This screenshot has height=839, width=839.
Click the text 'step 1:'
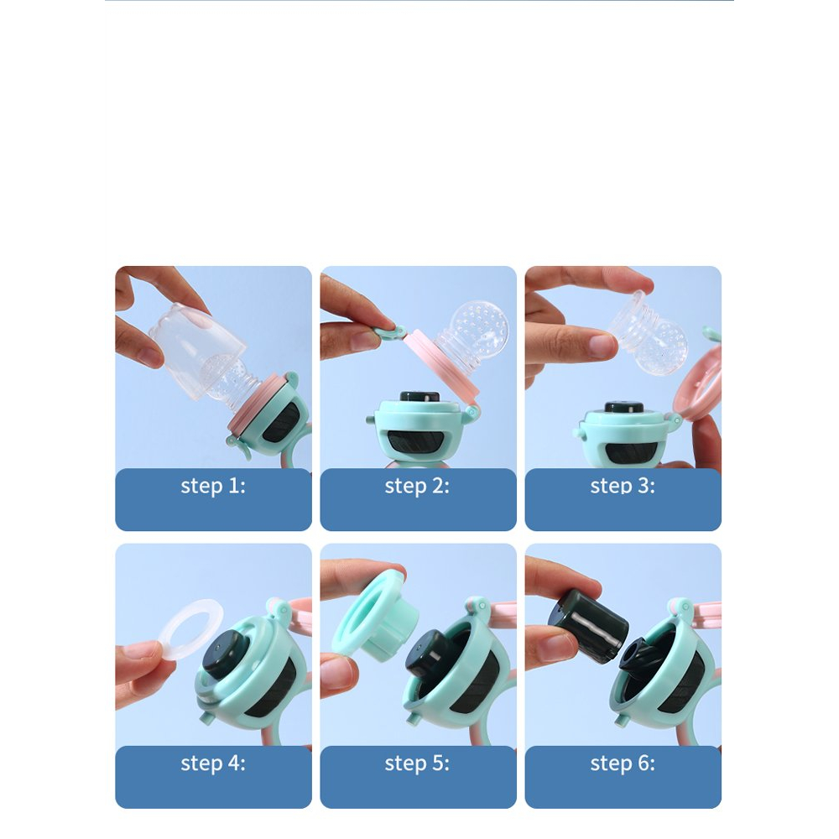213,486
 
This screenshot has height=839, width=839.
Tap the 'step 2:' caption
417,486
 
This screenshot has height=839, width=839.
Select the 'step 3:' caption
623,486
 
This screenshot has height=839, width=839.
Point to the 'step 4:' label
213,763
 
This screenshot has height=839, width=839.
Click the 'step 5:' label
417,763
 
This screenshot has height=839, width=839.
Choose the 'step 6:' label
623,763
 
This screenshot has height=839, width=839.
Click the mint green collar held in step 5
373,615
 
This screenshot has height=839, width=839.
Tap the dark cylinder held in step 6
589,625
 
